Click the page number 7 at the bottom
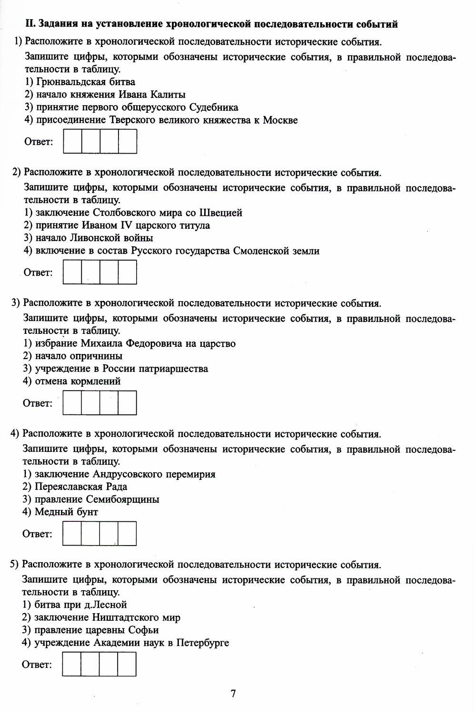(x=233, y=693)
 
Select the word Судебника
(x=213, y=107)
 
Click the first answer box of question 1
(x=73, y=141)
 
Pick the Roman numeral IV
(x=126, y=225)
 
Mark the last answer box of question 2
(x=128, y=272)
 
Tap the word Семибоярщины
(x=122, y=499)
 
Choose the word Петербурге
(x=202, y=643)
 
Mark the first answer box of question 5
(x=71, y=664)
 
